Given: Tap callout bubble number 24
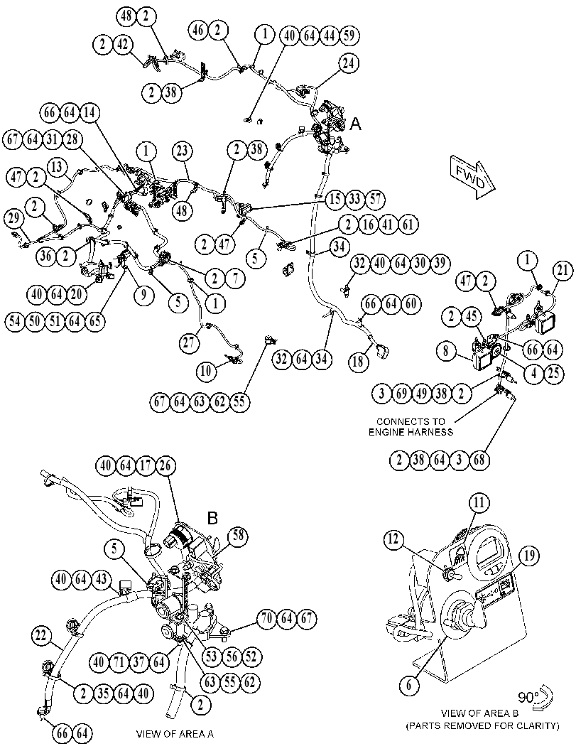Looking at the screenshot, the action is click(x=349, y=63).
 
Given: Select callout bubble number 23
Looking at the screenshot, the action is click(x=183, y=151).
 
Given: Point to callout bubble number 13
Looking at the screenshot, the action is click(x=58, y=168).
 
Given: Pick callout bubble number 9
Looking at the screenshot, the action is click(x=143, y=296).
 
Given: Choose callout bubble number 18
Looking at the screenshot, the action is click(x=358, y=361).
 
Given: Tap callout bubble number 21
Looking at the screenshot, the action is click(x=563, y=271).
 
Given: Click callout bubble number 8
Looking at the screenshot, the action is click(x=446, y=351).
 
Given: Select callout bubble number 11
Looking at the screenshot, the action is click(x=479, y=502).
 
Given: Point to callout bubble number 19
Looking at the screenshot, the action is click(x=531, y=556).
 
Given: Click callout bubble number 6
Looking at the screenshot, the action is click(x=409, y=686).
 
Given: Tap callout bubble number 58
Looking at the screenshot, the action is click(x=239, y=536).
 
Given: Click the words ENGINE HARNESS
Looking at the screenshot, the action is click(x=411, y=432).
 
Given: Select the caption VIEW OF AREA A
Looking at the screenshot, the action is click(x=175, y=734).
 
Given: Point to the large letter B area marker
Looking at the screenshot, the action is click(x=212, y=518).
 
